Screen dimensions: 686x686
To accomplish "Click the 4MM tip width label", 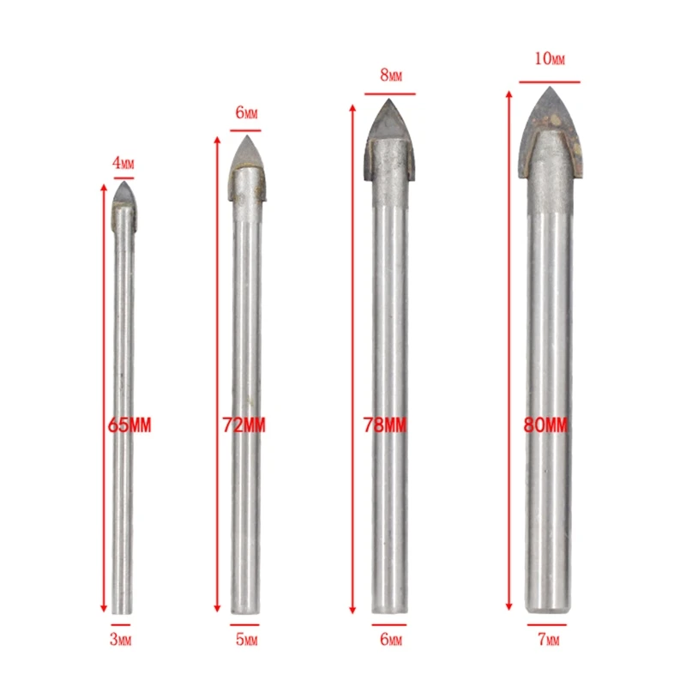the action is (x=123, y=163).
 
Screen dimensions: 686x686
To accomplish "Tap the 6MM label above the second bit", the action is (x=246, y=113).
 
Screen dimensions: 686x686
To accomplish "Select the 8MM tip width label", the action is (x=391, y=75).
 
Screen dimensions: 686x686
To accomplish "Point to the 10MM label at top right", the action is (x=550, y=58).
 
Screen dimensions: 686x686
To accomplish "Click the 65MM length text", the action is (x=129, y=425).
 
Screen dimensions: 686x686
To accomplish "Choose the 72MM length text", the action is (x=244, y=425).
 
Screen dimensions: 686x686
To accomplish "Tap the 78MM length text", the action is (x=385, y=425).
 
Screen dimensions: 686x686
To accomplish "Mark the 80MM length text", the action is (x=545, y=425).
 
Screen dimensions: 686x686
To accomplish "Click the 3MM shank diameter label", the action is (x=120, y=640).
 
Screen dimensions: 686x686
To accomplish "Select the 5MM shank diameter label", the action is (x=246, y=640).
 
